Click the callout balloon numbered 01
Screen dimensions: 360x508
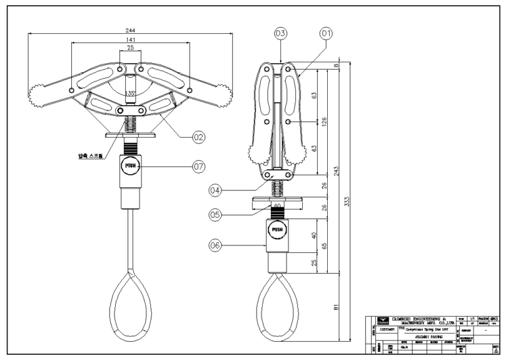[328, 33]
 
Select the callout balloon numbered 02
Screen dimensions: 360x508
[198, 137]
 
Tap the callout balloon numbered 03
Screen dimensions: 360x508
[281, 33]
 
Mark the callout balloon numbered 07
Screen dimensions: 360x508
[198, 165]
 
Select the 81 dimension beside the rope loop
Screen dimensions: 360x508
[337, 308]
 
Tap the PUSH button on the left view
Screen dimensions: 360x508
[131, 165]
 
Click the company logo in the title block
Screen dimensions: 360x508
[383, 320]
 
